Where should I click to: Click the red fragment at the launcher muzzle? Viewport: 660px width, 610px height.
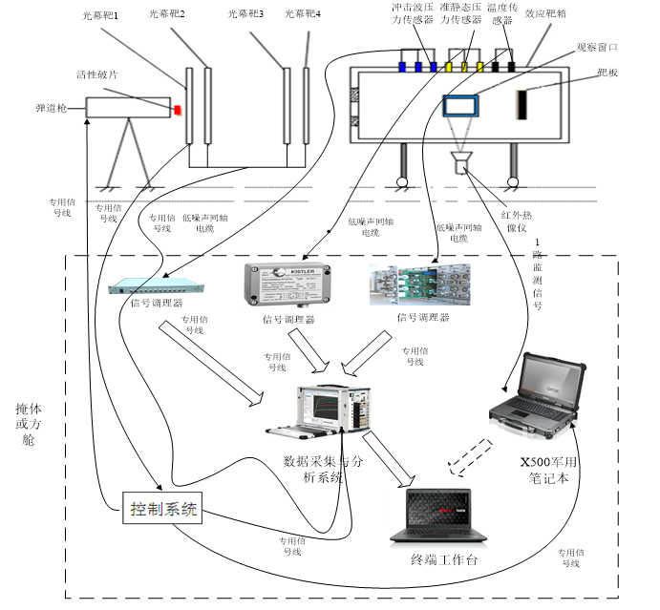pos(177,110)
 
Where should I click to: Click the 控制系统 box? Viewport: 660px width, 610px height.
pos(163,509)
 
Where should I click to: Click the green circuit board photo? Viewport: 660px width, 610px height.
pos(419,284)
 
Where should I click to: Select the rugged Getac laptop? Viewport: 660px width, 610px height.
pos(536,394)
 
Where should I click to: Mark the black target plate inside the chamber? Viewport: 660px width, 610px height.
pos(522,105)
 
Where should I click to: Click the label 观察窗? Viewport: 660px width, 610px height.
pos(591,47)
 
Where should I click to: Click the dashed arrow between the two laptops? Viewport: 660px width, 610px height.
pos(471,456)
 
